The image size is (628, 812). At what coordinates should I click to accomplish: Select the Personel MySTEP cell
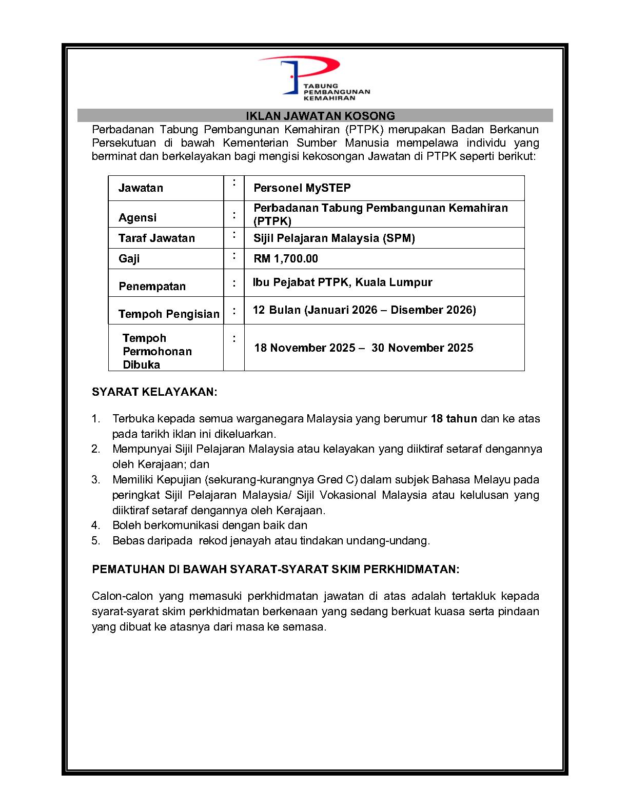point(302,188)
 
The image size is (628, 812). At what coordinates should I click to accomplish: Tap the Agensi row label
point(138,218)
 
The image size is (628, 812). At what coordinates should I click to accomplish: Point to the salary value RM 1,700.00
point(286,259)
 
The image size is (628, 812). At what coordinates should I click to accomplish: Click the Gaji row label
point(129,259)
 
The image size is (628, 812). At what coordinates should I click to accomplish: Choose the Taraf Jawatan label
point(156,238)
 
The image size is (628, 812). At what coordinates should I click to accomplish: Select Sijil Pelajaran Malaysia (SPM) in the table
point(334,238)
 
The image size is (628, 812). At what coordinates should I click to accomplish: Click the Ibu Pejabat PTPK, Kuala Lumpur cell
point(343,282)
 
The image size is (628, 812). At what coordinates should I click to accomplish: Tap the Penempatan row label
point(152,287)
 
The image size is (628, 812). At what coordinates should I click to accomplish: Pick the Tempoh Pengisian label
point(169,314)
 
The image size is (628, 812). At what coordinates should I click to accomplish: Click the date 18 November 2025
point(305,348)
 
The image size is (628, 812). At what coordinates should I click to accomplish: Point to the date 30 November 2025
point(422,348)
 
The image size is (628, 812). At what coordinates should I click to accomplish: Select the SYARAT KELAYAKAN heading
point(154,392)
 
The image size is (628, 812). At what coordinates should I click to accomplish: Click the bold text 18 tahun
point(454,419)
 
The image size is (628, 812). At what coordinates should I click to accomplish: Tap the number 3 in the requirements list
point(95,480)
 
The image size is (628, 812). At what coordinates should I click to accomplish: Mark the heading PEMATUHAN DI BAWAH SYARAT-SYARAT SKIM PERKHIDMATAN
point(276,570)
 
